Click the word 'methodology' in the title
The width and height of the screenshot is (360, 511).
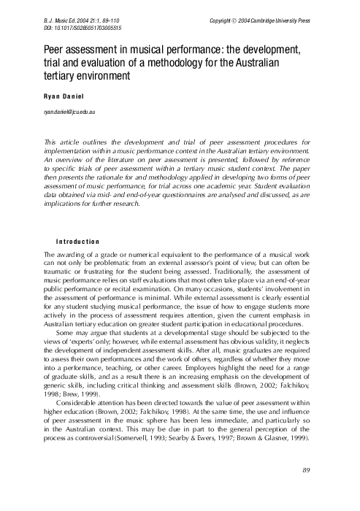pos(210,62)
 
